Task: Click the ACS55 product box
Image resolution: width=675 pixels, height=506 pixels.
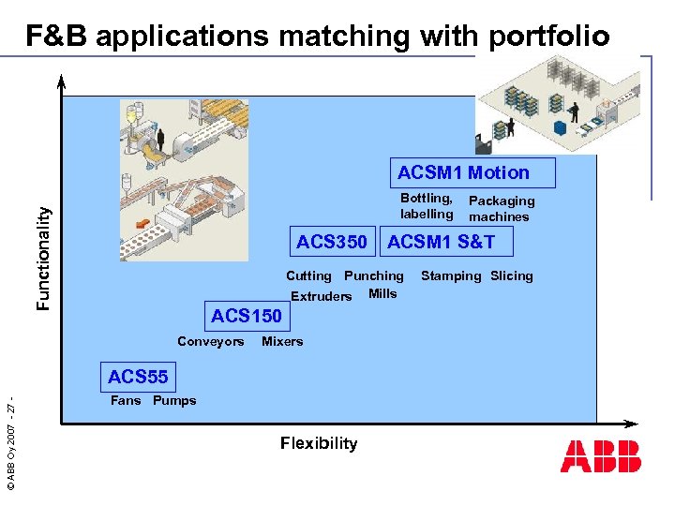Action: coord(138,378)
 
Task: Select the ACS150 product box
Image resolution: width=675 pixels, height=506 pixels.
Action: coord(246,316)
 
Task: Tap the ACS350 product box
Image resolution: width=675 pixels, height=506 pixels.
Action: coord(332,243)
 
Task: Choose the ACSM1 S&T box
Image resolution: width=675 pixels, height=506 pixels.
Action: coord(441,243)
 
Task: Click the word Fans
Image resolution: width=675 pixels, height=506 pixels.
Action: coord(126,401)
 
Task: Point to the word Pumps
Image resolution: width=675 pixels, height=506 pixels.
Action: coord(174,401)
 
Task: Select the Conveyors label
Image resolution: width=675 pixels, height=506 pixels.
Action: coord(210,342)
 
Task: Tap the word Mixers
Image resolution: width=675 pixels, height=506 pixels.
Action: coord(282,342)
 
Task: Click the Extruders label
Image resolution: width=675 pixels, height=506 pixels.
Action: coord(322,297)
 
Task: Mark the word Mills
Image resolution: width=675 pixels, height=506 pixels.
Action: coord(382,294)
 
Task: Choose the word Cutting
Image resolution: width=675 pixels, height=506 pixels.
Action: coord(308,276)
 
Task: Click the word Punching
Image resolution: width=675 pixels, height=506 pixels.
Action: coord(373,276)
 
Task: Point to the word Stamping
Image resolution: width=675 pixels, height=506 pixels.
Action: coord(451,276)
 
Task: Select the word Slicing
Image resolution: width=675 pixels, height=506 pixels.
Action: coord(512,276)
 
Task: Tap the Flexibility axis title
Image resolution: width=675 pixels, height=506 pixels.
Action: coord(319,443)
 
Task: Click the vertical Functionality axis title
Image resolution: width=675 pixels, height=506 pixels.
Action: coord(43,259)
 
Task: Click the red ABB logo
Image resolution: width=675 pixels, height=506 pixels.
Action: coord(601,456)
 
